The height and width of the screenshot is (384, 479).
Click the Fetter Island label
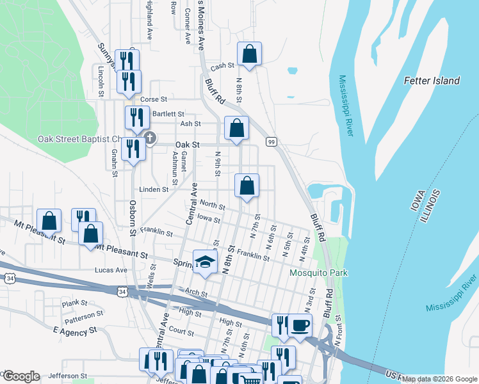pyautogui.click(x=432, y=81)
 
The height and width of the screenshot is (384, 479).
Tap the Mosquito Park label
pyautogui.click(x=318, y=273)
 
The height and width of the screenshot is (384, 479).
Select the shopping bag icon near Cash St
pyautogui.click(x=249, y=55)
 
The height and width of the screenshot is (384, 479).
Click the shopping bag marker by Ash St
pyautogui.click(x=236, y=128)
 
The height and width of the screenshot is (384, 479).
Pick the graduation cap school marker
pyautogui.click(x=205, y=262)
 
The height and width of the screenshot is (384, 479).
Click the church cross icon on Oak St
pyautogui.click(x=150, y=138)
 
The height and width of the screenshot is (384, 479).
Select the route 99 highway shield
pyautogui.click(x=272, y=141)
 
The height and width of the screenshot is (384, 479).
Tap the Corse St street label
pyautogui.click(x=153, y=99)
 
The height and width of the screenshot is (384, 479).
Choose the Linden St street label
pyautogui.click(x=154, y=189)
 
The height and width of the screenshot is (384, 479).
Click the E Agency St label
pyautogui.click(x=74, y=330)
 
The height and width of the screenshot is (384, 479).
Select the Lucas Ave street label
pyautogui.click(x=111, y=270)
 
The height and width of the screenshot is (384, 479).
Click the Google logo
pyautogui.click(x=21, y=376)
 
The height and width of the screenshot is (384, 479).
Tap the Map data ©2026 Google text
pyautogui.click(x=439, y=379)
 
